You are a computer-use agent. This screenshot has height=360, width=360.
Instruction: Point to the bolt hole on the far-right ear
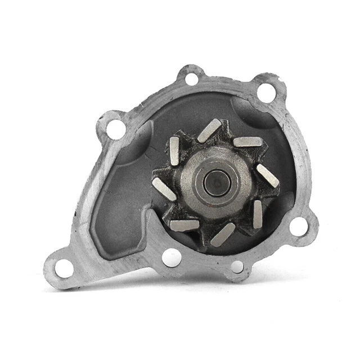click(299, 226)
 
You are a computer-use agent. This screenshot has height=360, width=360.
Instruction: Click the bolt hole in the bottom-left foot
click(64, 268)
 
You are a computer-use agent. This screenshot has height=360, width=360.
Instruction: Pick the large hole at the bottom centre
click(172, 257)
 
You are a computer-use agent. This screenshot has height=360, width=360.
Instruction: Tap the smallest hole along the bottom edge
click(237, 266)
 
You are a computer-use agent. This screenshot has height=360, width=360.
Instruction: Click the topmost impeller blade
click(209, 130)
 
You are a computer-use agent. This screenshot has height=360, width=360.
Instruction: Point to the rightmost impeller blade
click(268, 175)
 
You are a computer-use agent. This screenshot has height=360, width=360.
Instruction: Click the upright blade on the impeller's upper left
click(174, 150)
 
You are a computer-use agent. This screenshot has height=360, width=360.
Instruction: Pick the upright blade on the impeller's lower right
click(257, 214)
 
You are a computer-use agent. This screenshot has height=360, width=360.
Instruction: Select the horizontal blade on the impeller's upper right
click(247, 142)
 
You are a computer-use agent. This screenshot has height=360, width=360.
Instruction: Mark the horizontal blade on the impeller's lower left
click(184, 225)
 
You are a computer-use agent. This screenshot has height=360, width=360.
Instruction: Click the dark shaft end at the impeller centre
click(215, 181)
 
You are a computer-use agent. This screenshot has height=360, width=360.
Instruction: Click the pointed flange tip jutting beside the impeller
click(151, 213)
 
